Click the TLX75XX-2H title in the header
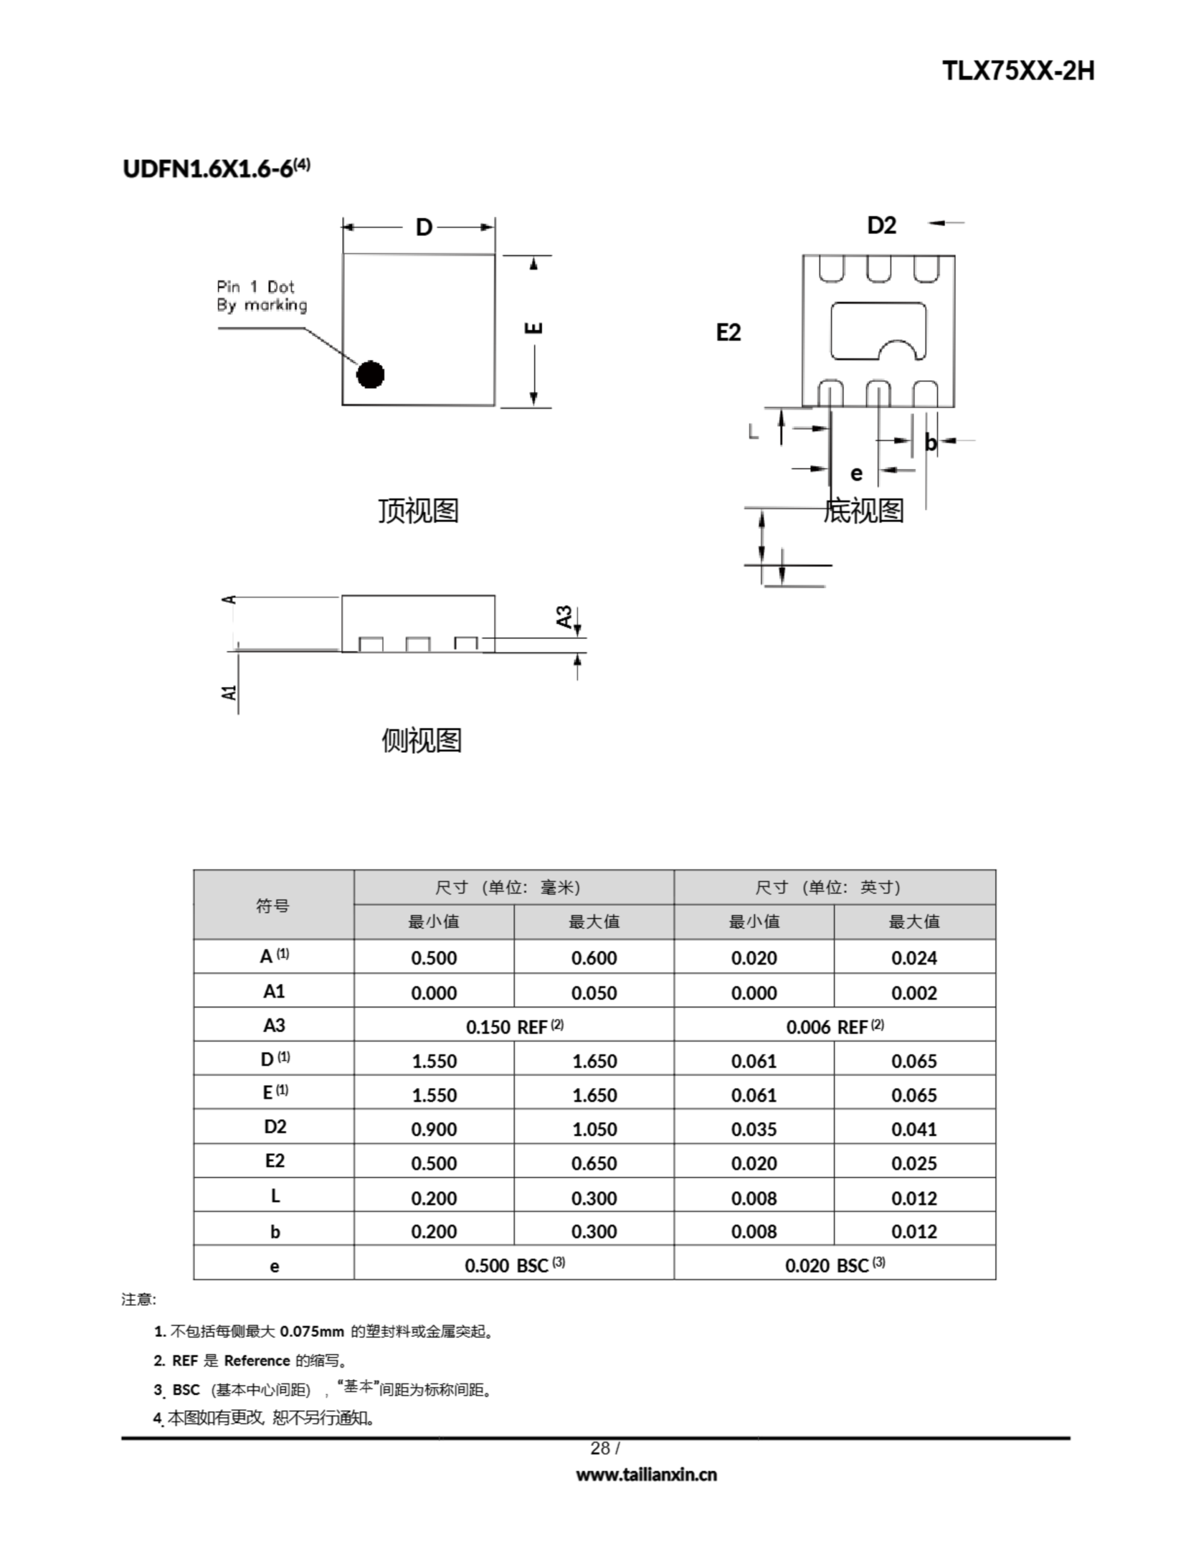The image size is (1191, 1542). click(1018, 71)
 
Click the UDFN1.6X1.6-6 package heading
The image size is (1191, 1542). click(216, 169)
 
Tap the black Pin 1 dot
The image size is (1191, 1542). click(370, 374)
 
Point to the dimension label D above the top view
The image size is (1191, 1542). click(423, 227)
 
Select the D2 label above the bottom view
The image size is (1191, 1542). click(881, 225)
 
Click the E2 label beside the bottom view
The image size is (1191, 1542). click(728, 332)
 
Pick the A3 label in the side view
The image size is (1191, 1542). click(564, 616)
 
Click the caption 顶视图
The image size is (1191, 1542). click(418, 510)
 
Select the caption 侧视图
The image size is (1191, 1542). click(421, 740)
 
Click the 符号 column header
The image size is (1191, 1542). click(273, 905)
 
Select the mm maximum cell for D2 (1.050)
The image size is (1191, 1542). click(594, 1129)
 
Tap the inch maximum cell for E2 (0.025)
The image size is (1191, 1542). click(913, 1163)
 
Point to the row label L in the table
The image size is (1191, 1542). click(275, 1196)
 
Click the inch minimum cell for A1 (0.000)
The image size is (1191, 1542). click(754, 993)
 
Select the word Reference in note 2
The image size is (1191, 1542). click(257, 1361)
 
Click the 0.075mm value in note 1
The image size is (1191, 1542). click(311, 1332)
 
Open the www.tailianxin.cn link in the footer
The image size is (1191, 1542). click(646, 1475)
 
